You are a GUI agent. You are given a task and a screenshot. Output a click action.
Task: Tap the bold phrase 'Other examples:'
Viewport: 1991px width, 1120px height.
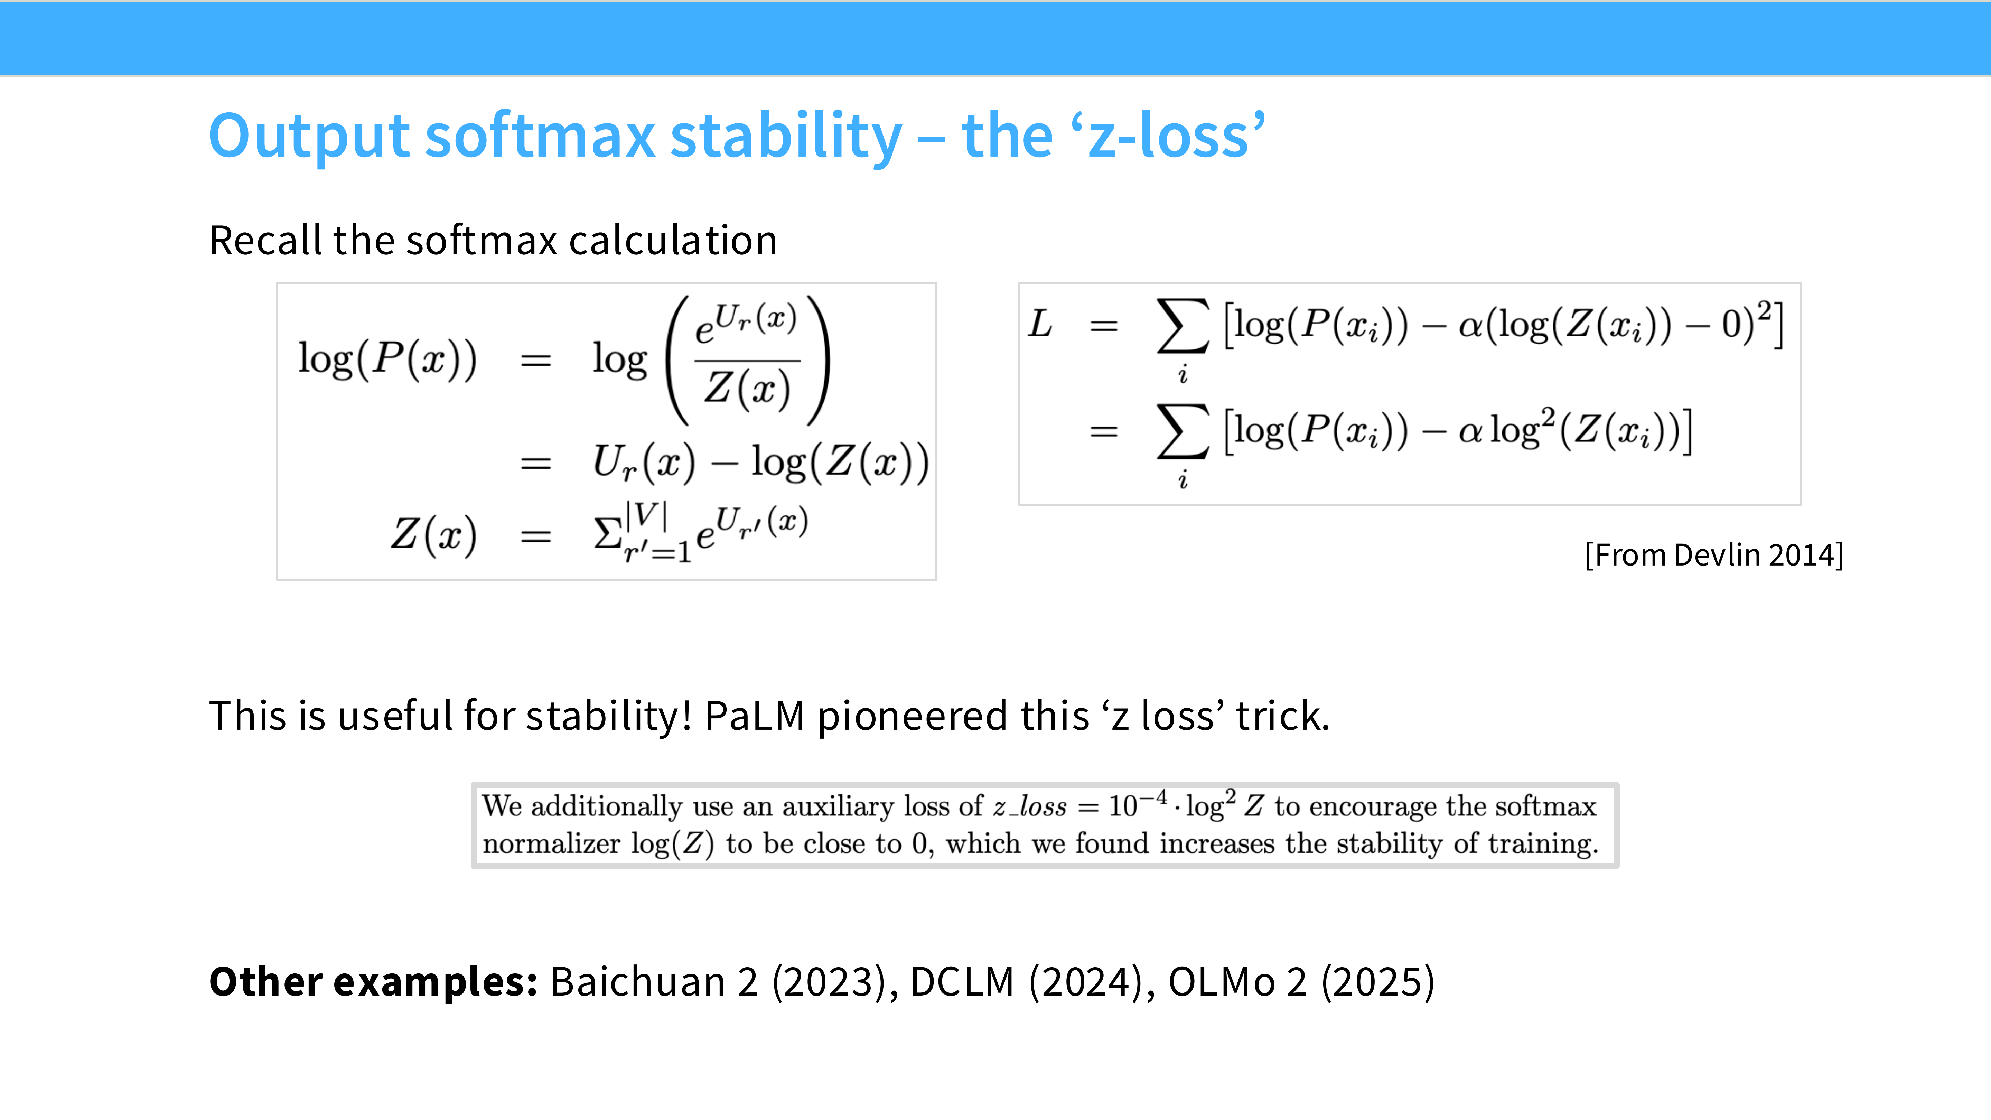(x=373, y=982)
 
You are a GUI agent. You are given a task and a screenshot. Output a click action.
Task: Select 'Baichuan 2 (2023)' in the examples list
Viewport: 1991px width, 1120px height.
(x=718, y=982)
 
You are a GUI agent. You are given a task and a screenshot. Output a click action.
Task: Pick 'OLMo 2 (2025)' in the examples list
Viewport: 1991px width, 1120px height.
(x=1301, y=982)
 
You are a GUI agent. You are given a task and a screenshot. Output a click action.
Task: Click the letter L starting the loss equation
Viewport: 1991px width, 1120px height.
(x=1040, y=324)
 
